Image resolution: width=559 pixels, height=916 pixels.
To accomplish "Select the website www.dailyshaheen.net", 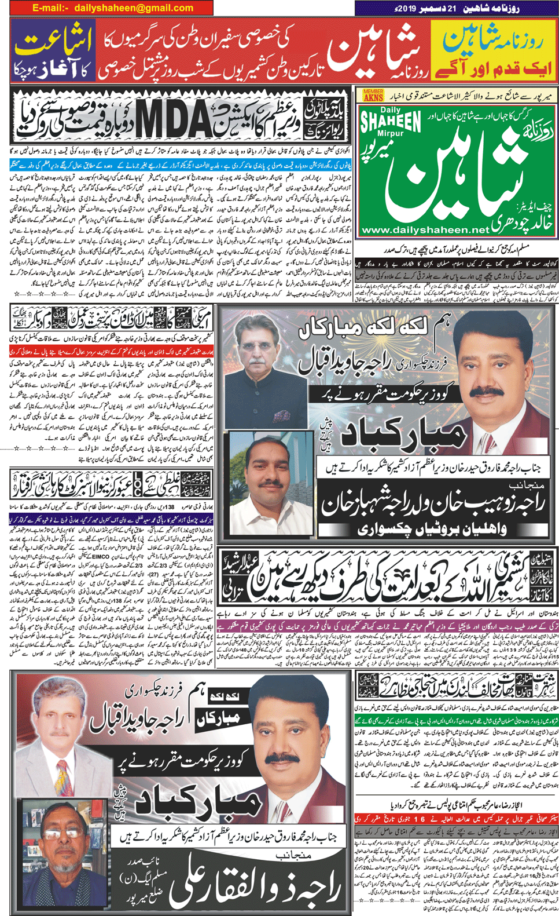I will (424, 230).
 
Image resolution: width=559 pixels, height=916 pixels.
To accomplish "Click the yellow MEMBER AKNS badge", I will (373, 95).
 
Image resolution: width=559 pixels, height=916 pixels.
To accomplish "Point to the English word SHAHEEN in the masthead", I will (391, 122).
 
